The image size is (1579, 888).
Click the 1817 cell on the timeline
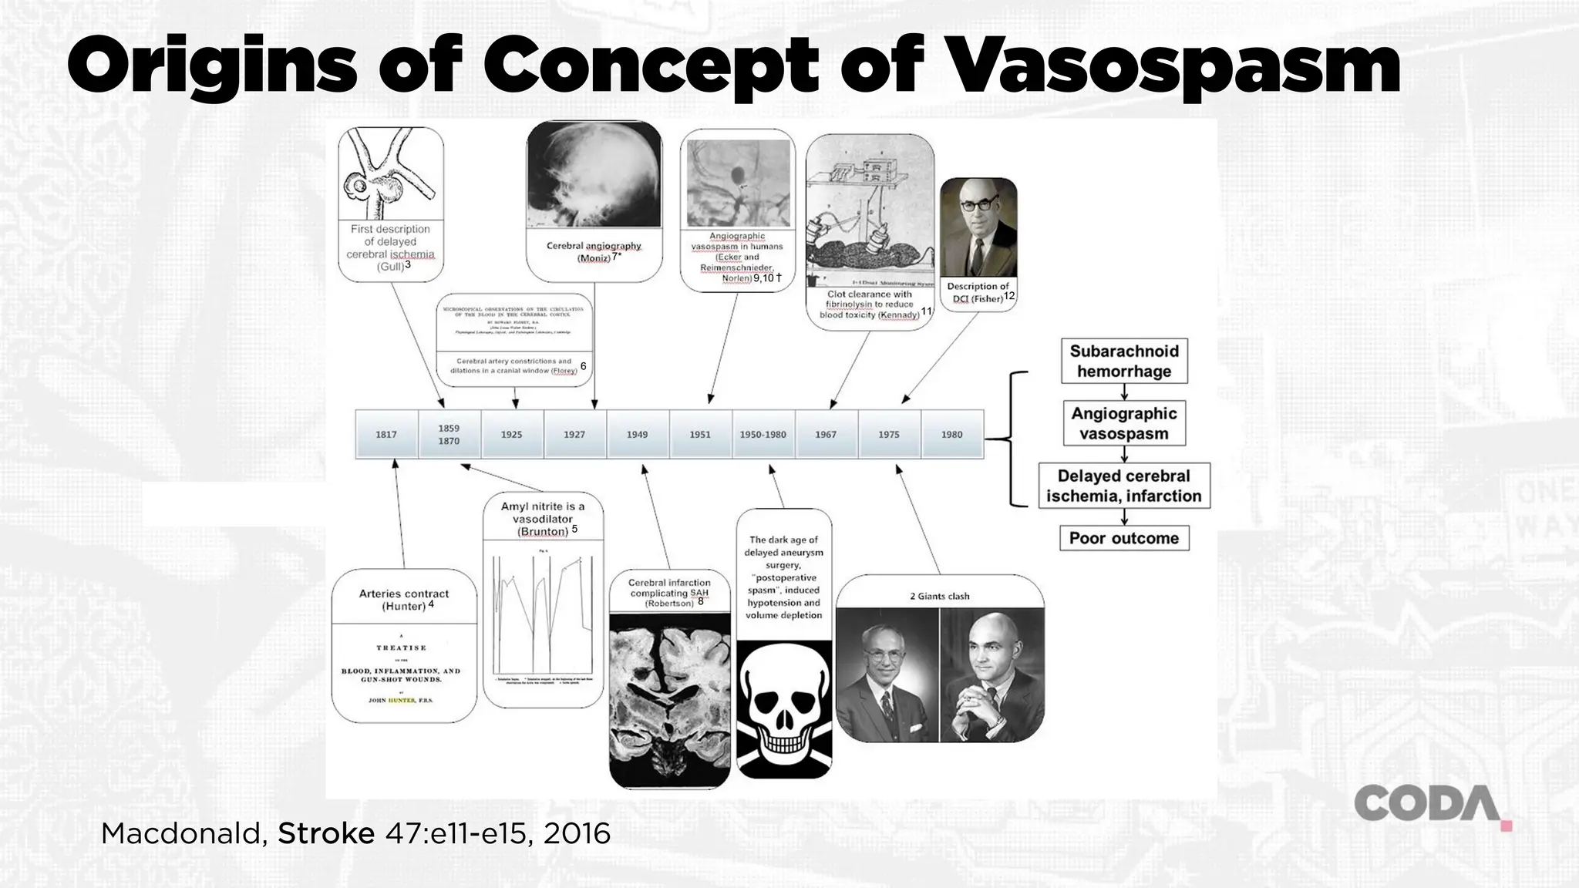coord(386,435)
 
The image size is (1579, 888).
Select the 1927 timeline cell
coord(574,435)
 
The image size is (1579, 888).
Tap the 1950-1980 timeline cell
coord(763,435)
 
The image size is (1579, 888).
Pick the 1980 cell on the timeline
coord(952,435)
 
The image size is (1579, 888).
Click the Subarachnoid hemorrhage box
coord(1124,362)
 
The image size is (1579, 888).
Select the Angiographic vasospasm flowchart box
coord(1124,423)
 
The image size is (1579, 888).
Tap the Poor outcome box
coord(1124,538)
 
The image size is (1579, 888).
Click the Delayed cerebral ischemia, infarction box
coord(1124,486)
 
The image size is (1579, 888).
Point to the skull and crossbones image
coord(784,709)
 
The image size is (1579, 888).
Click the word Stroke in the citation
coord(326,833)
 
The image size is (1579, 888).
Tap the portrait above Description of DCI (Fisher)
coord(978,227)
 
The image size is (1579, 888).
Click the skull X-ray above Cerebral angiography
coord(594,176)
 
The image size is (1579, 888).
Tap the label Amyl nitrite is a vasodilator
coord(543,518)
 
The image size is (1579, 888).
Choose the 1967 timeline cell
coord(826,435)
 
